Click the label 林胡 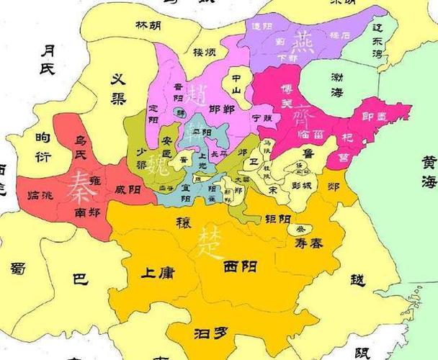click(148, 25)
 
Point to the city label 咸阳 click(126, 189)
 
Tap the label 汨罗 click(211, 333)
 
